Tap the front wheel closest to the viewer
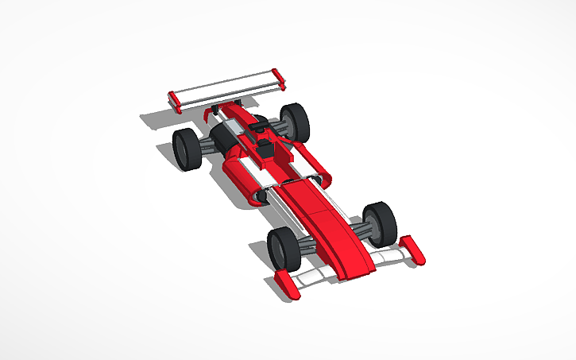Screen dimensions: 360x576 283,248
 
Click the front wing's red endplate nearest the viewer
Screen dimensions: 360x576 288,285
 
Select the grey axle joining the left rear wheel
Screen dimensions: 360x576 208,143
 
